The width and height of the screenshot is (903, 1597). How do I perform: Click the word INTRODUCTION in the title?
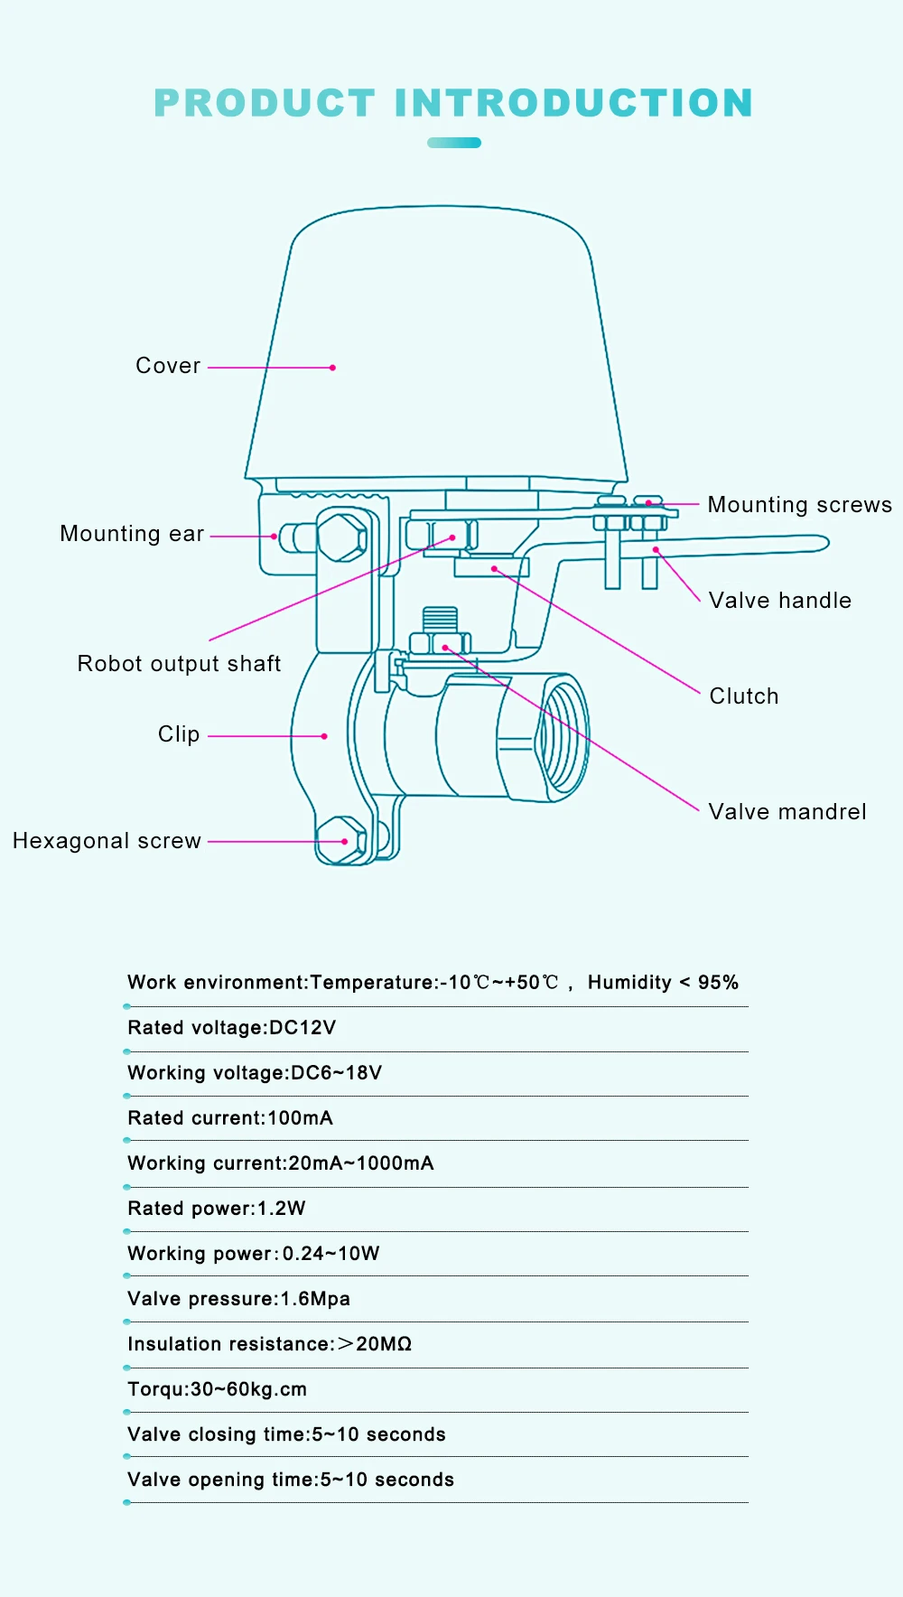point(573,103)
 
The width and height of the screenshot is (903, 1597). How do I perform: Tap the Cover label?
point(168,366)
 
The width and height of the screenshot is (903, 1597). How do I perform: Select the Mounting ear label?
point(132,534)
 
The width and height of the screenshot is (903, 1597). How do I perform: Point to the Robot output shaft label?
point(179,664)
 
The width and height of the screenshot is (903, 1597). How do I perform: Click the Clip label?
point(179,734)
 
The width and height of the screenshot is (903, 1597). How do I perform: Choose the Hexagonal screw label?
point(107,841)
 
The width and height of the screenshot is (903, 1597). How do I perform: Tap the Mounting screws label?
point(799,505)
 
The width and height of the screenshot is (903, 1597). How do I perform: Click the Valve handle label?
point(779,601)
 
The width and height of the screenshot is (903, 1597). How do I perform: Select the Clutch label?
point(744,696)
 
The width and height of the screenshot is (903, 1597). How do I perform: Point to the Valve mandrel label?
point(787,812)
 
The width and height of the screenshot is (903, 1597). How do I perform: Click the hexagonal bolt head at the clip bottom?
point(341,840)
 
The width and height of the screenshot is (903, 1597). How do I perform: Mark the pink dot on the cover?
point(333,368)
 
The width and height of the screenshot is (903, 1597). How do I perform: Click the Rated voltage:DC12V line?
point(232,1028)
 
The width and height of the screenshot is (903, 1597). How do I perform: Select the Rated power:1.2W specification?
point(217,1209)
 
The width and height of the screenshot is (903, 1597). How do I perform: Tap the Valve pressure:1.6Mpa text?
point(238,1299)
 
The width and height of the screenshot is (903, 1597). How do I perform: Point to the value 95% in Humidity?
point(718,983)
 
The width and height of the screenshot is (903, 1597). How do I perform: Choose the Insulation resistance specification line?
point(269,1344)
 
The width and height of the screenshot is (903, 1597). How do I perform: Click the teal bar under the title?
point(454,143)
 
